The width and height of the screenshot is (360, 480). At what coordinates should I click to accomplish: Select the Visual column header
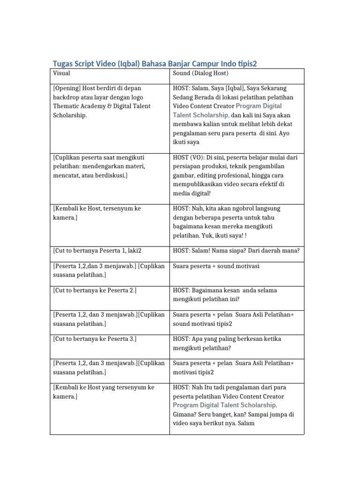(x=61, y=73)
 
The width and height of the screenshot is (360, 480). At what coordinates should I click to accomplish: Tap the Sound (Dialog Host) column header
(x=201, y=73)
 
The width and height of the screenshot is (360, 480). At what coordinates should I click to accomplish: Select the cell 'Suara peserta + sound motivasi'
(x=216, y=266)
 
